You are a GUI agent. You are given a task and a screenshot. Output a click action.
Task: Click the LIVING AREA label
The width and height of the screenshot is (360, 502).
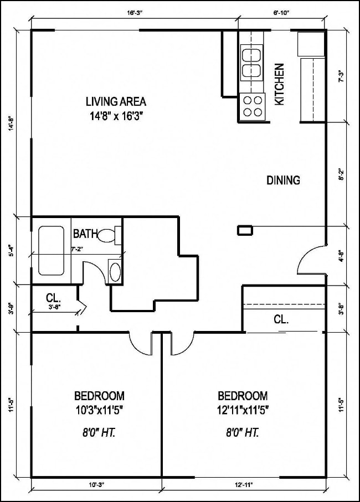click(x=116, y=101)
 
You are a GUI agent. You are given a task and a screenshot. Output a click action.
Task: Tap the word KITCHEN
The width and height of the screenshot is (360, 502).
click(x=280, y=84)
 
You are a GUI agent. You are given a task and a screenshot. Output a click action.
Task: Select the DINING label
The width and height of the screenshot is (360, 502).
click(x=283, y=180)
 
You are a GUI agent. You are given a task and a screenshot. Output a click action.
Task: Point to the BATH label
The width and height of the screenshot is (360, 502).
click(x=84, y=234)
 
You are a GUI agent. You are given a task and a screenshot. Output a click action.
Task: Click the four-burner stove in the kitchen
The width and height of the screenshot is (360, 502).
click(x=252, y=106)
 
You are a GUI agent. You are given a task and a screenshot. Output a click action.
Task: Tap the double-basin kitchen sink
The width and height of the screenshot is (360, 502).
click(x=251, y=63)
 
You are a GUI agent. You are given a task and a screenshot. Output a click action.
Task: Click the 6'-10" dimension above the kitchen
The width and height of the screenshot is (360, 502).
click(x=281, y=11)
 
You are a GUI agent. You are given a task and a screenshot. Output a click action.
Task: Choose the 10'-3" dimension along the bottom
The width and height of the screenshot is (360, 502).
click(x=96, y=485)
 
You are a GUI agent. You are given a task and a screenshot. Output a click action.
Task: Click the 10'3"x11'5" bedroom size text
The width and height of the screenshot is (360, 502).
click(x=99, y=410)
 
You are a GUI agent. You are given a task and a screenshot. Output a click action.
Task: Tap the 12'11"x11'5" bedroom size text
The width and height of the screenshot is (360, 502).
click(x=243, y=410)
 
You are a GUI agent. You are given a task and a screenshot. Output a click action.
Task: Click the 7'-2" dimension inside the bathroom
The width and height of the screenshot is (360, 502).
click(x=78, y=250)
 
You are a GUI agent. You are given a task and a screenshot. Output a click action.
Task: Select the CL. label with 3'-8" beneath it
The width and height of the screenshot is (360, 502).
click(x=53, y=298)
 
